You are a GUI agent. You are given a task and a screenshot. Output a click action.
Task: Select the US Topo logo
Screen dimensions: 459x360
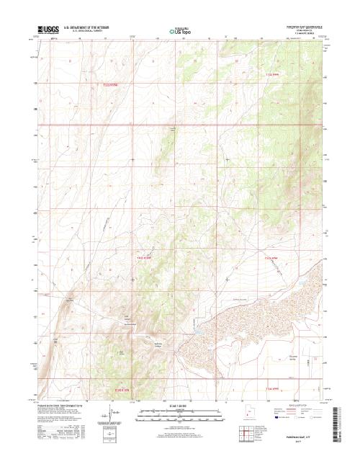[180, 31]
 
